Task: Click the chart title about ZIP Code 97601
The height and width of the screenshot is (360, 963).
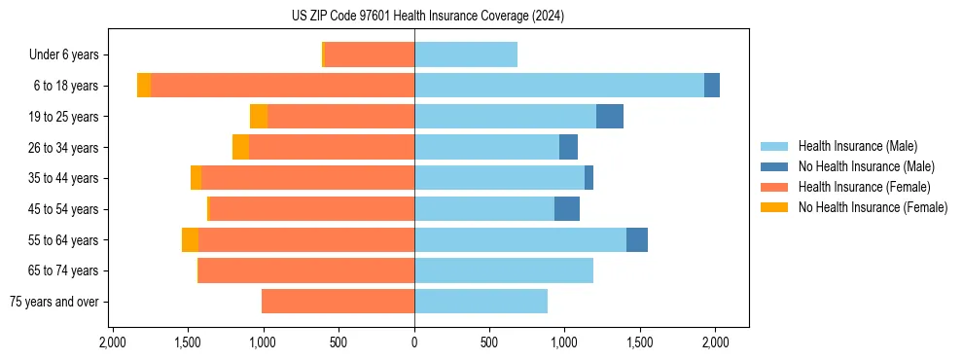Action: [427, 17]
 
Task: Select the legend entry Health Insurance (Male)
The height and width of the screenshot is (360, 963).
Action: [857, 146]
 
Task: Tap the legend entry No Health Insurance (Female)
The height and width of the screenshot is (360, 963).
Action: [872, 207]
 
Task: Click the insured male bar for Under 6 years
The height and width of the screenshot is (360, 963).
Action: [466, 54]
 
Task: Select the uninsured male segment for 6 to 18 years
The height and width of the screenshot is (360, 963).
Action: [712, 86]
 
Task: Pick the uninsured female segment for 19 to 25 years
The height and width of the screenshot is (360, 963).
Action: [259, 117]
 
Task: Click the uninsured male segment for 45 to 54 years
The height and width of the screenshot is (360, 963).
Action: [567, 209]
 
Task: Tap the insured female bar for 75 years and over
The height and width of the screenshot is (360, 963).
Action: [339, 302]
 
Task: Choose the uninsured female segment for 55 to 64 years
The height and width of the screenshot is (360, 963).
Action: [190, 240]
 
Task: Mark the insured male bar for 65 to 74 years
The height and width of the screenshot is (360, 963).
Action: [504, 270]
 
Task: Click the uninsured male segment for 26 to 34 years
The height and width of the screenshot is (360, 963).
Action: [568, 147]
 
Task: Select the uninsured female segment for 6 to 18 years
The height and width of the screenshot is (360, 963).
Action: [144, 86]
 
